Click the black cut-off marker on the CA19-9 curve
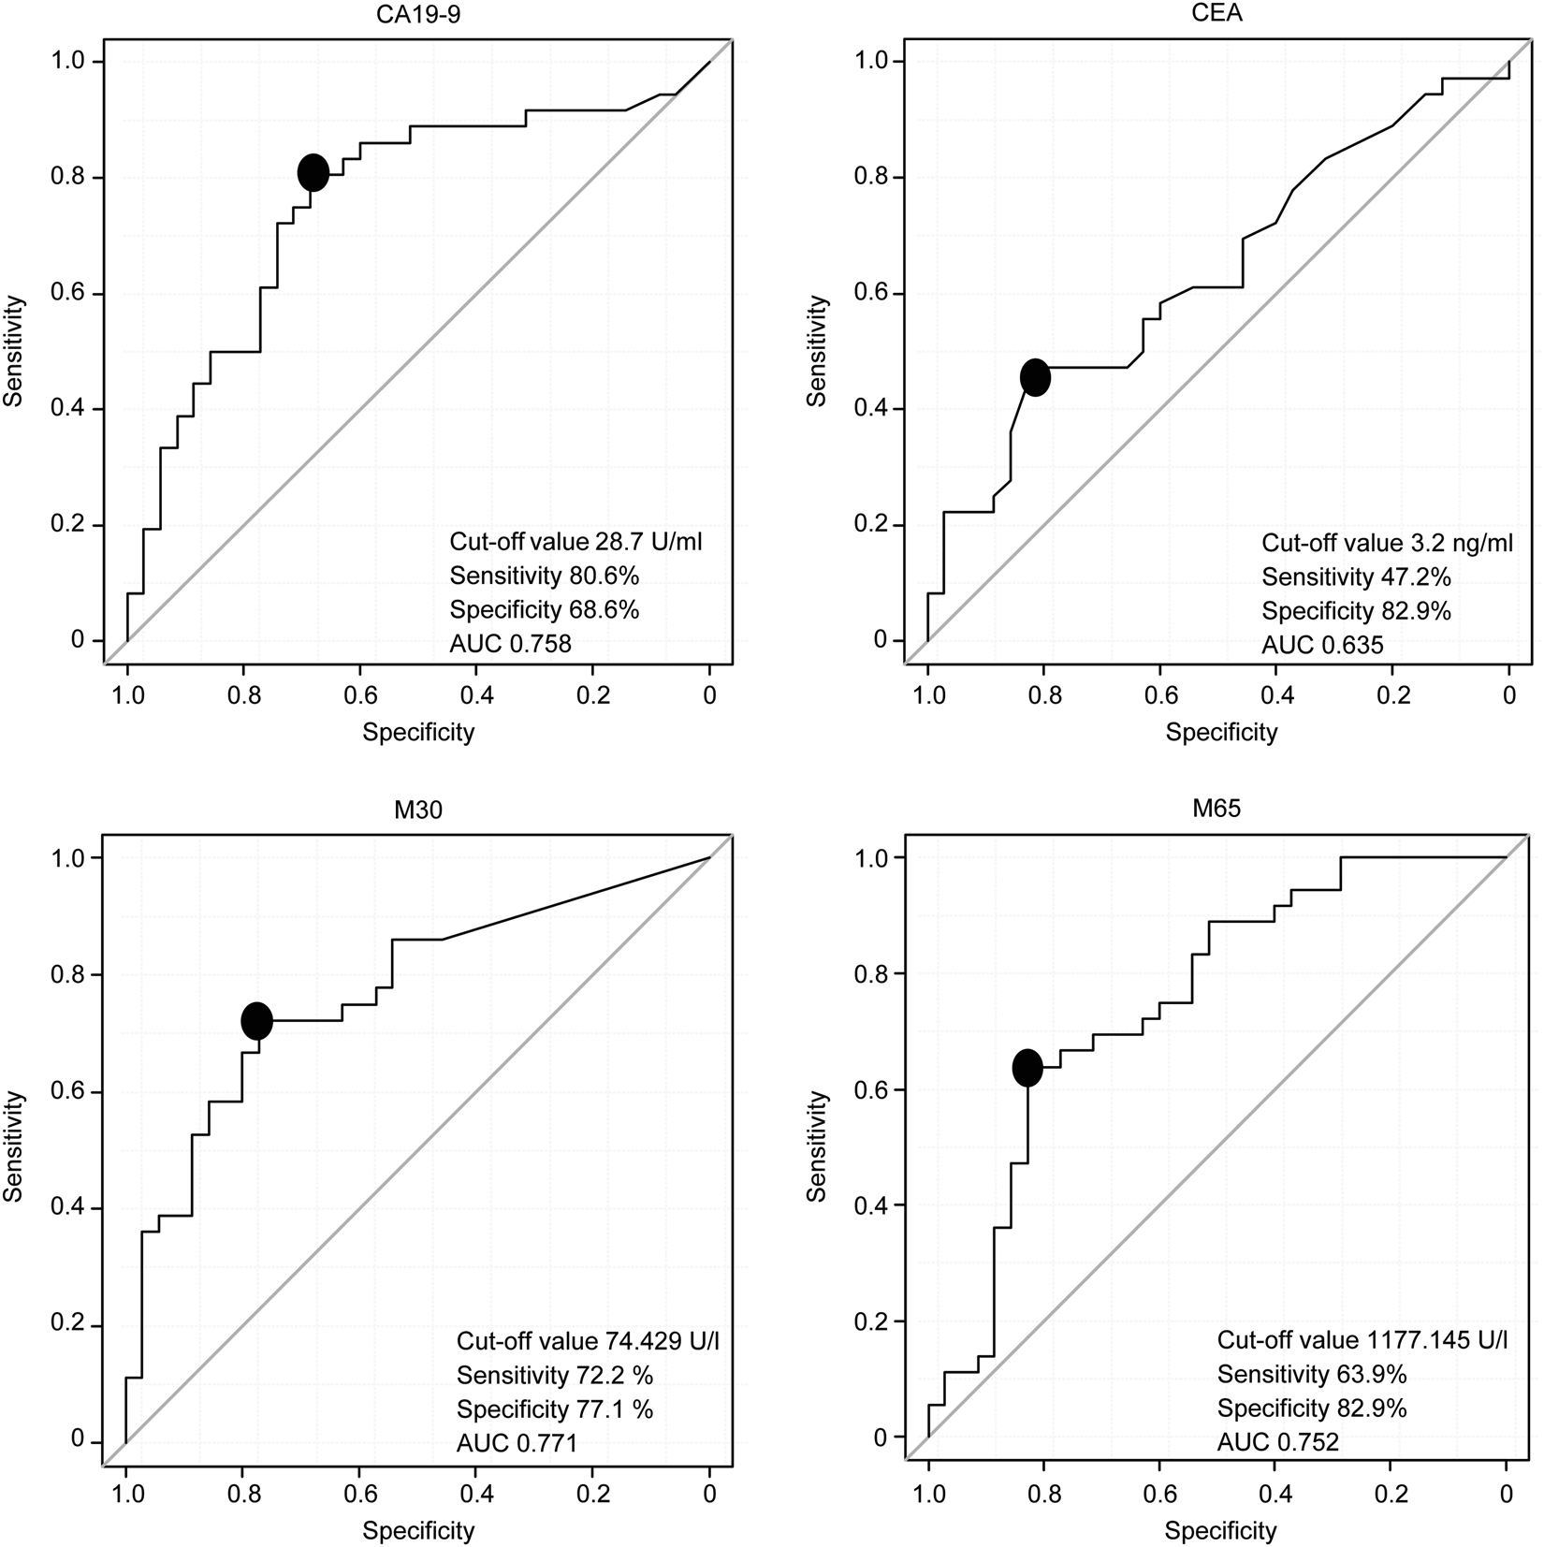click(x=313, y=172)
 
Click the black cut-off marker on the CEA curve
click(x=1035, y=377)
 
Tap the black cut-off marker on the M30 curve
click(x=256, y=1020)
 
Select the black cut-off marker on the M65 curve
click(x=1027, y=1068)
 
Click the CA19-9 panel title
click(x=417, y=12)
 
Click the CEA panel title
click(x=1220, y=12)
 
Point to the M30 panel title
click(x=417, y=810)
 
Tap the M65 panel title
click(x=1218, y=808)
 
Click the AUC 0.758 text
click(x=510, y=643)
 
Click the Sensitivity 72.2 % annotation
click(x=555, y=1375)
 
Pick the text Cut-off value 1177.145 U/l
click(x=1362, y=1340)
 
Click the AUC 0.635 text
click(x=1321, y=645)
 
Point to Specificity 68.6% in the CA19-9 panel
click(x=544, y=609)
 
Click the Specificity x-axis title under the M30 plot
click(x=418, y=1530)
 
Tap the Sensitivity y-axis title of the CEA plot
click(x=818, y=351)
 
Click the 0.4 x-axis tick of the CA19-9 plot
click(x=475, y=696)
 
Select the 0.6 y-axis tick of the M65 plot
click(x=872, y=1090)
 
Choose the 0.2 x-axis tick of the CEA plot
click(x=1392, y=696)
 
